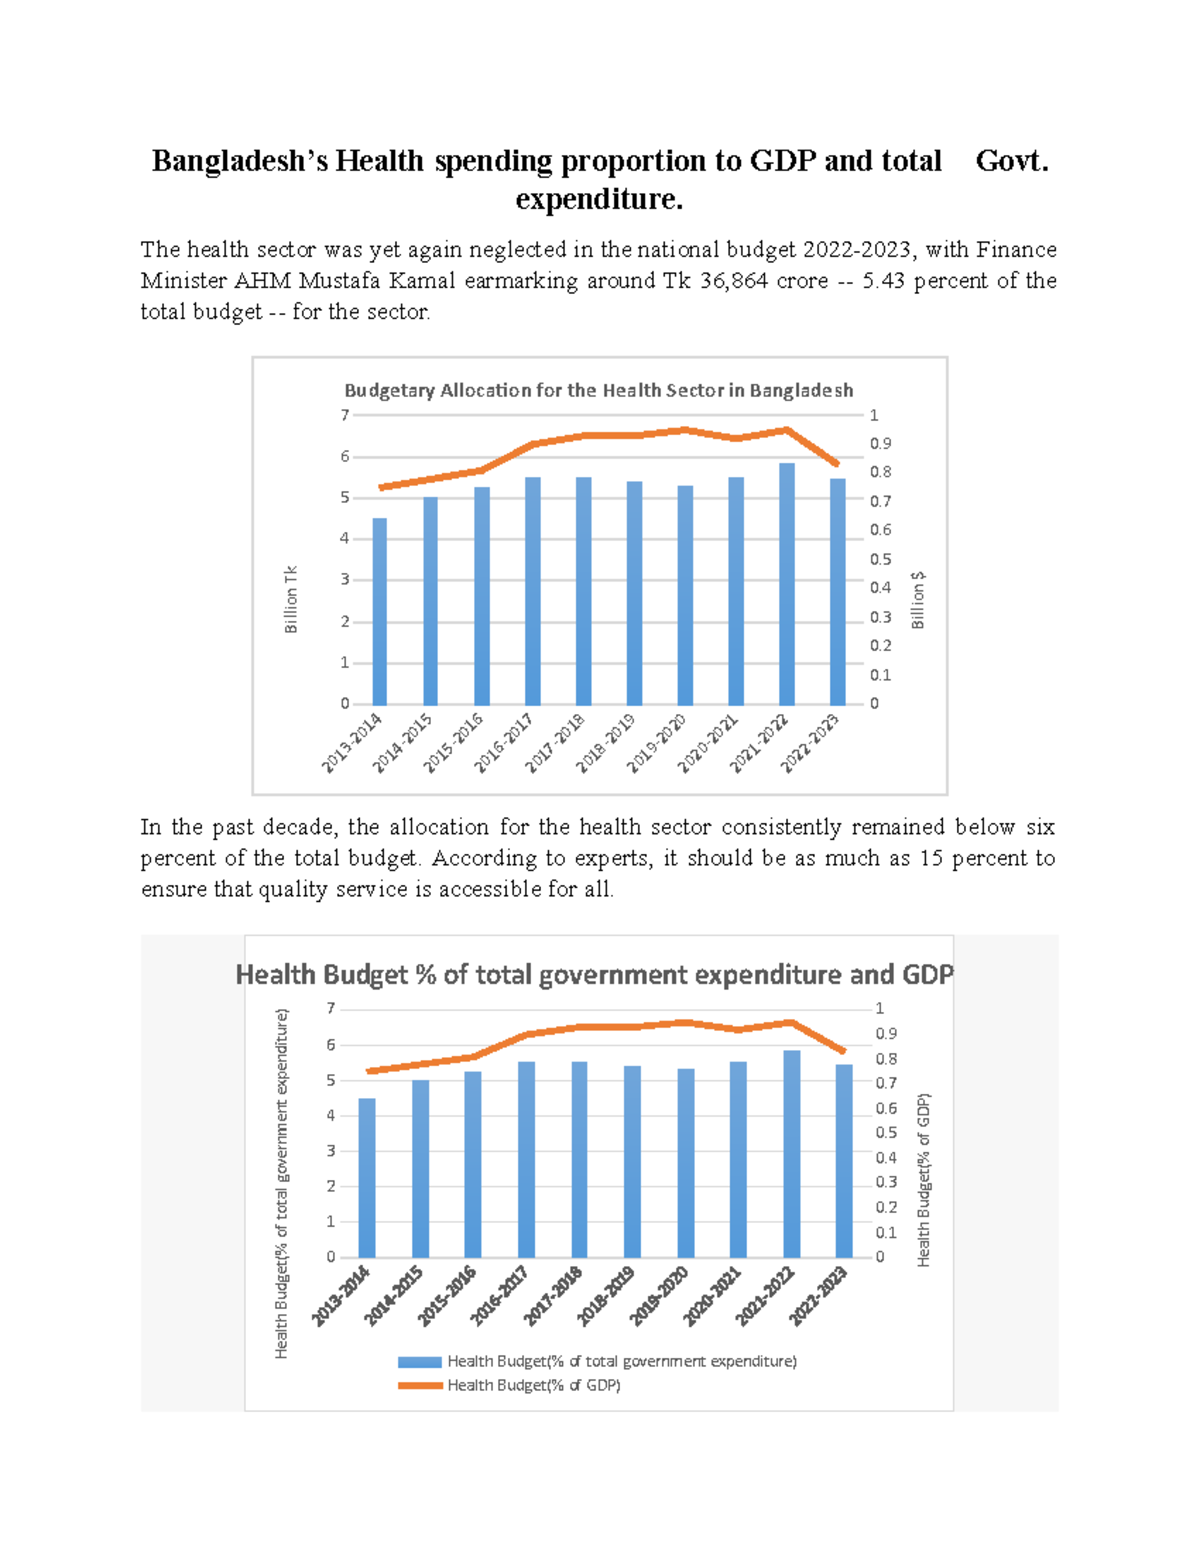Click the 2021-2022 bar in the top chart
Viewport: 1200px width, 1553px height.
tap(787, 585)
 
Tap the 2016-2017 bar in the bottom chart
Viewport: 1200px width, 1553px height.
tap(526, 1160)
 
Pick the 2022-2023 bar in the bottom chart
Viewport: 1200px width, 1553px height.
tap(844, 1161)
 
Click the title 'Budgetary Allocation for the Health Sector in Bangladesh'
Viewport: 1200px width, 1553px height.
tap(598, 390)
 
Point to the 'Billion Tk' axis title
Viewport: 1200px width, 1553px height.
tap(291, 600)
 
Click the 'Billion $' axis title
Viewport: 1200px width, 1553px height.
tap(918, 600)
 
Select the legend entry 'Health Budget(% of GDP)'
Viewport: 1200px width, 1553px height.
tap(533, 1385)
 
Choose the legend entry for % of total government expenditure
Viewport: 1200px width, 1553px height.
tap(621, 1361)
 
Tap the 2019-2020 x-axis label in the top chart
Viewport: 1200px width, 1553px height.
tap(657, 743)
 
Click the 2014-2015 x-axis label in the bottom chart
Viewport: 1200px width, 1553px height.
tap(394, 1297)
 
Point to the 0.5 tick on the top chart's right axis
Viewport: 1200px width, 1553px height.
tap(880, 559)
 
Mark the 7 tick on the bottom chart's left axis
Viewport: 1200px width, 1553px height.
tap(331, 1008)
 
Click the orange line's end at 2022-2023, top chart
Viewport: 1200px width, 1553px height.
tap(837, 464)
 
